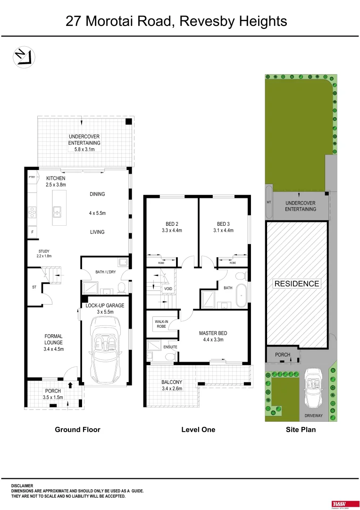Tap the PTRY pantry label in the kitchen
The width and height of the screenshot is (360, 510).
point(32,178)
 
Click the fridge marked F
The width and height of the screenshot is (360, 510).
point(32,232)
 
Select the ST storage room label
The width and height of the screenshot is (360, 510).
point(33,287)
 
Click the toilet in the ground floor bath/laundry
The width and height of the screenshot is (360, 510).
point(121,287)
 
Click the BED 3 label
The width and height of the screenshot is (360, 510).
point(223,224)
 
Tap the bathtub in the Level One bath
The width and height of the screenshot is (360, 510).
point(241,296)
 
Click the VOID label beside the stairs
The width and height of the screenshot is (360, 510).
point(168,289)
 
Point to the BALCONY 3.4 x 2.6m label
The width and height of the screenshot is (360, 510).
point(172,385)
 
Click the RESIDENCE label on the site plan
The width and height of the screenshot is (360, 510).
point(297,284)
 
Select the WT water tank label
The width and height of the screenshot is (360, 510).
point(268,202)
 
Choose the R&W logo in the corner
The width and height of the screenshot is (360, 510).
point(339,504)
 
